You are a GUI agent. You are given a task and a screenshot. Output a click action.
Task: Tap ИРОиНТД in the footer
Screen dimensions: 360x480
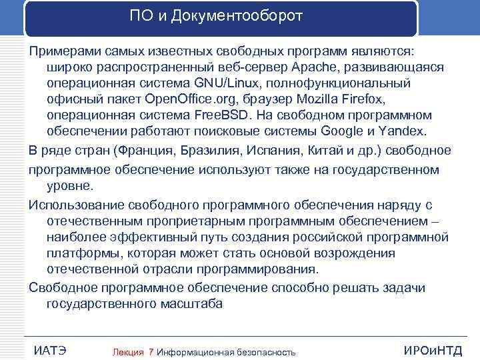tap(433, 351)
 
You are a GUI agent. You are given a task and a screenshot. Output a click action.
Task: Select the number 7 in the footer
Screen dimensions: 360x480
tap(151, 351)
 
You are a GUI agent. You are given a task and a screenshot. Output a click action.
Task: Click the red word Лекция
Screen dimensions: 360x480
tap(129, 351)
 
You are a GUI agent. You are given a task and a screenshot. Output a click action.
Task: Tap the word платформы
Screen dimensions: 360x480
tap(78, 253)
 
